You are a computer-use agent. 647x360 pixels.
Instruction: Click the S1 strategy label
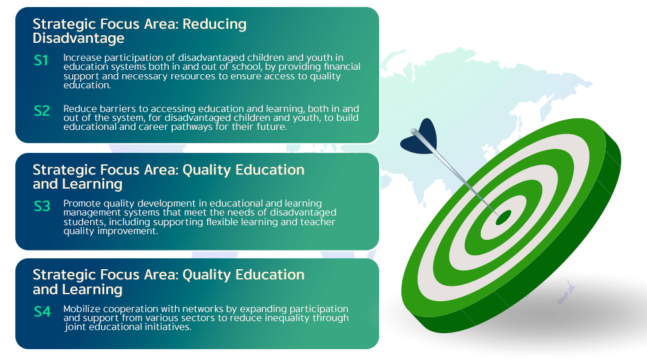click(x=41, y=61)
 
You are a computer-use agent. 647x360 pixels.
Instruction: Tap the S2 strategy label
click(x=42, y=111)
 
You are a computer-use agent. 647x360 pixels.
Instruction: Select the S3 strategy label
click(x=42, y=206)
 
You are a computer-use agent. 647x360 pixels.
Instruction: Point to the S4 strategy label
click(x=42, y=311)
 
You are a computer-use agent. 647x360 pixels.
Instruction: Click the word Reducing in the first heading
click(x=215, y=24)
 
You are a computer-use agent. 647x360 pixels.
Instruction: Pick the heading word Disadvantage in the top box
click(x=79, y=38)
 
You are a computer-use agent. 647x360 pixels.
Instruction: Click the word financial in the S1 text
click(x=341, y=67)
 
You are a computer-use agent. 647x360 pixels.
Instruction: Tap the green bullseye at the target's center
click(x=503, y=217)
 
